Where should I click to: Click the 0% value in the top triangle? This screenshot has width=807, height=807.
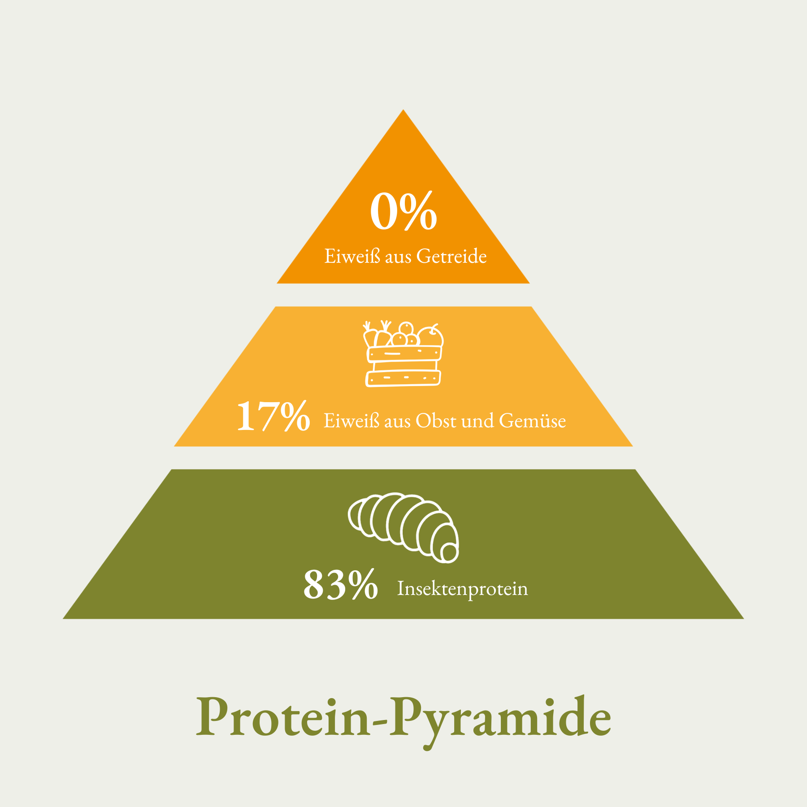tap(403, 211)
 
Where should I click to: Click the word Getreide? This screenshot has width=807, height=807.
tap(451, 256)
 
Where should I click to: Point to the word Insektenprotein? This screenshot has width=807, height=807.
tap(463, 589)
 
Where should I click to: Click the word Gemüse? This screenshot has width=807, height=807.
tap(533, 421)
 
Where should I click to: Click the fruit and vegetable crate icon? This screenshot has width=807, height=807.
tap(403, 354)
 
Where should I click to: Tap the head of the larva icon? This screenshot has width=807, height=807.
tap(449, 552)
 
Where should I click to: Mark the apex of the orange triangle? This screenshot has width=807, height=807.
tap(403, 109)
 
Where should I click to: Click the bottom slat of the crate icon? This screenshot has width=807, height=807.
tap(403, 379)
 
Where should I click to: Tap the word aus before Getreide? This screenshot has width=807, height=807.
tap(398, 257)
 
